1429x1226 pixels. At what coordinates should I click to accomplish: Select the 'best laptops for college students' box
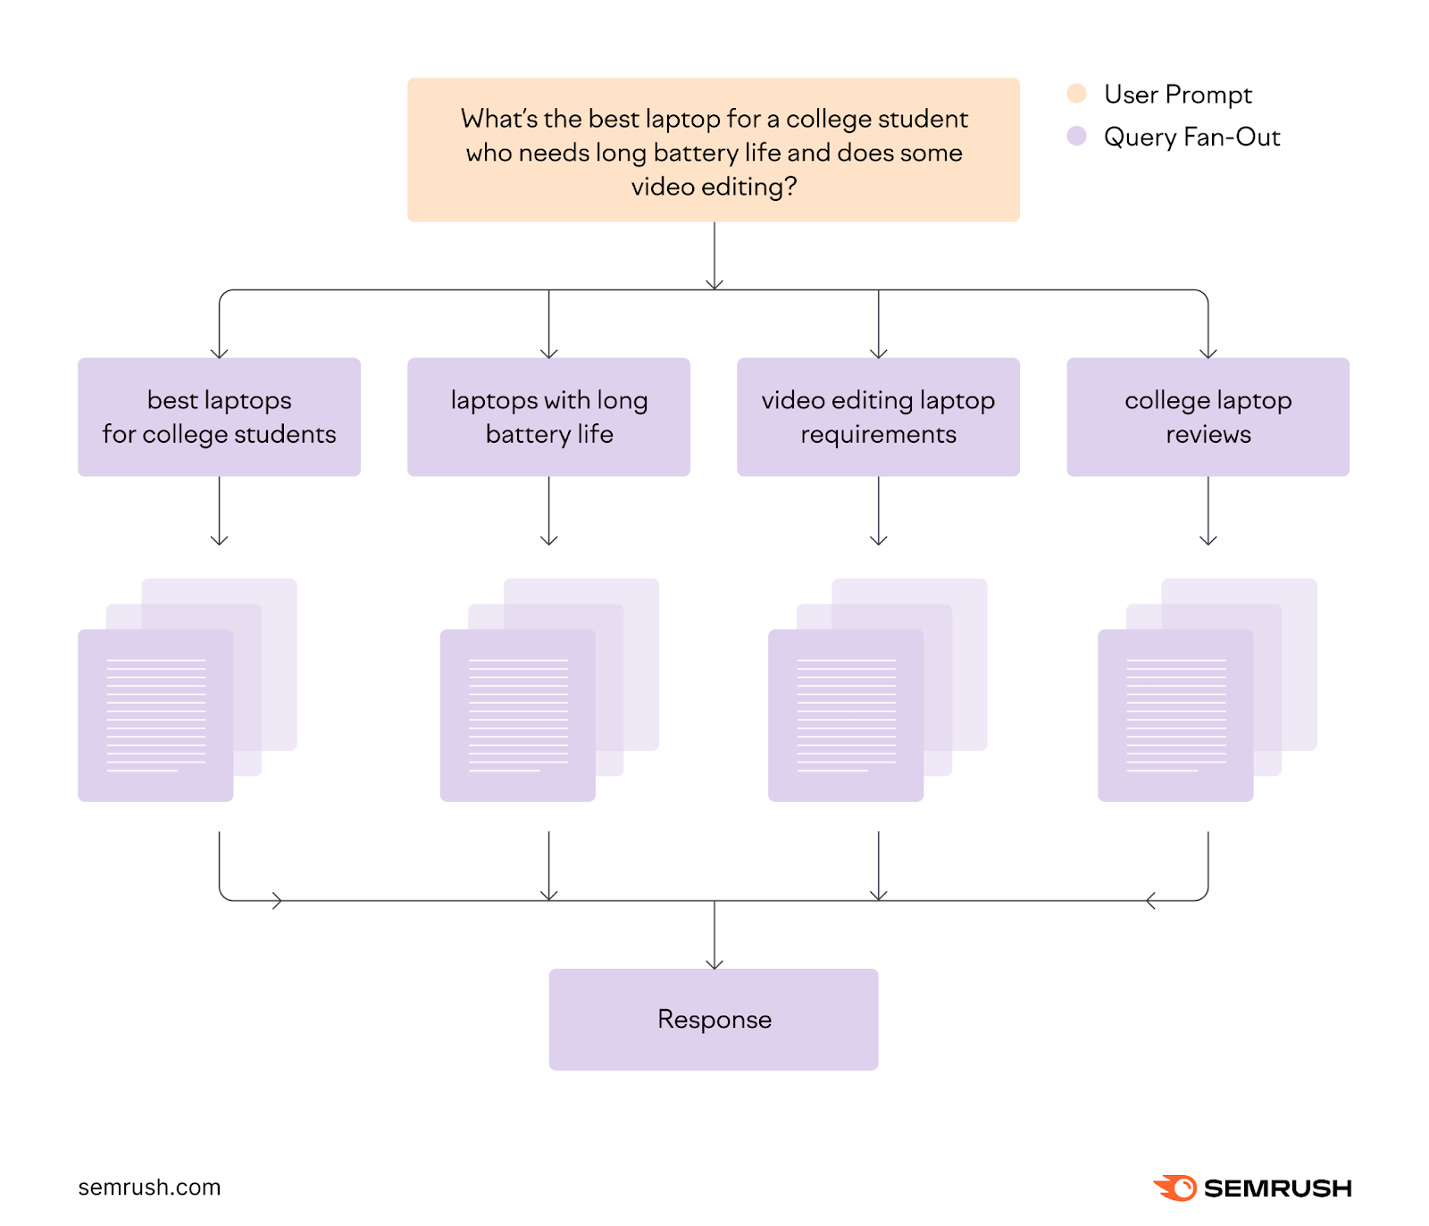(219, 417)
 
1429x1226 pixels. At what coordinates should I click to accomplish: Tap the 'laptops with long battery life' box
(548, 417)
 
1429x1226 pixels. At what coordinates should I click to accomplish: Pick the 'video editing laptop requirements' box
(878, 417)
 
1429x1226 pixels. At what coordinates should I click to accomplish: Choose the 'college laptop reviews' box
(1208, 417)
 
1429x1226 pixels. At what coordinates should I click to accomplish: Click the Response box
(714, 1019)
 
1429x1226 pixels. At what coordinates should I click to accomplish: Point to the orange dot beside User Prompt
(1076, 94)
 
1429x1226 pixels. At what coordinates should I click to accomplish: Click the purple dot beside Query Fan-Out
(1076, 136)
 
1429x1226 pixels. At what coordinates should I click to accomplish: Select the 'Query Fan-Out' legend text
(1191, 137)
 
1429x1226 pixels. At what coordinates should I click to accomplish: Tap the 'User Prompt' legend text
(1177, 94)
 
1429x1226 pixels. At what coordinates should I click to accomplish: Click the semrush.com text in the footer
(149, 1187)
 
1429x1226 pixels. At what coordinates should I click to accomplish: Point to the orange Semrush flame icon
(1175, 1188)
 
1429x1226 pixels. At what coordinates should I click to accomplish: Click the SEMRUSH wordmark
(1277, 1188)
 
